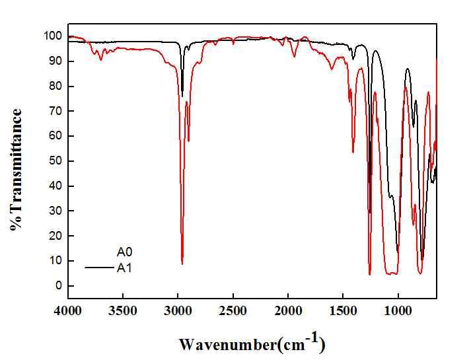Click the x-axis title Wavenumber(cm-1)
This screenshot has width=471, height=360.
click(252, 343)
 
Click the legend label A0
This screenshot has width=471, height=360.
click(125, 252)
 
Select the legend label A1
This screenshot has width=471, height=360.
click(125, 268)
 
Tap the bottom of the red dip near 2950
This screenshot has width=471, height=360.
click(182, 264)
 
